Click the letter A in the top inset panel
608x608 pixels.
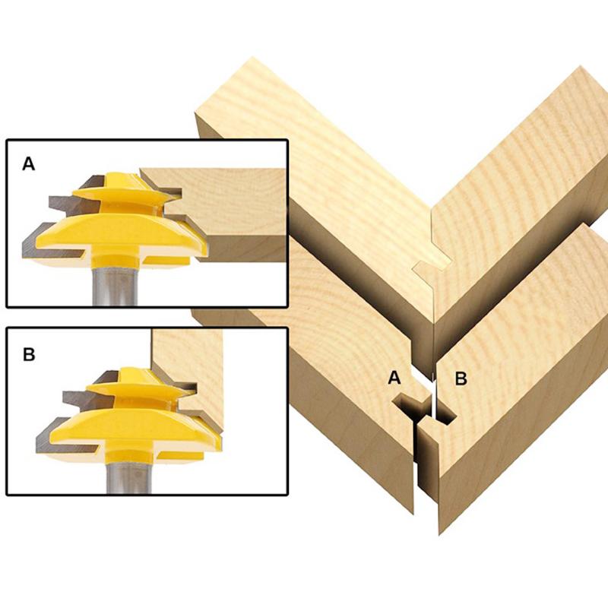point(29,163)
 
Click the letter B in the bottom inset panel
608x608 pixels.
point(29,354)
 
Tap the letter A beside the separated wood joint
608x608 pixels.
point(394,378)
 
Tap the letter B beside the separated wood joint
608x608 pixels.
point(461,378)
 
